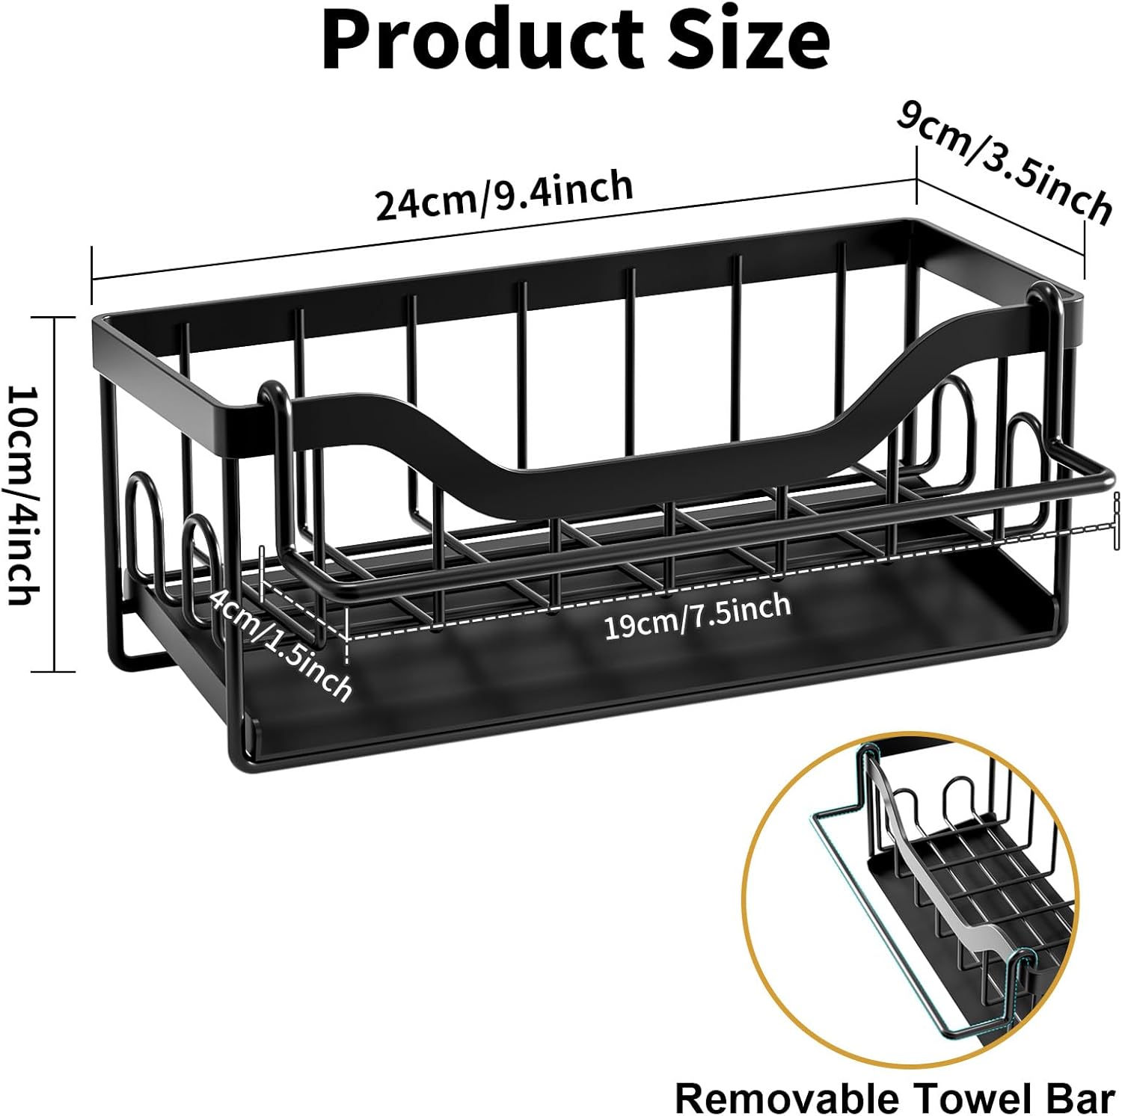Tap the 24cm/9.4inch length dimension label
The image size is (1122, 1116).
pyautogui.click(x=504, y=195)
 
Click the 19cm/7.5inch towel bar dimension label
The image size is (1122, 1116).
pyautogui.click(x=697, y=616)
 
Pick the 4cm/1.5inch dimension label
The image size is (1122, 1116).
pyautogui.click(x=280, y=644)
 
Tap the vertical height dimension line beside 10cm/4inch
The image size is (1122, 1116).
pyautogui.click(x=55, y=494)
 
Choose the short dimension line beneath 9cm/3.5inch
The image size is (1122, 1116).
pyautogui.click(x=1001, y=218)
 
